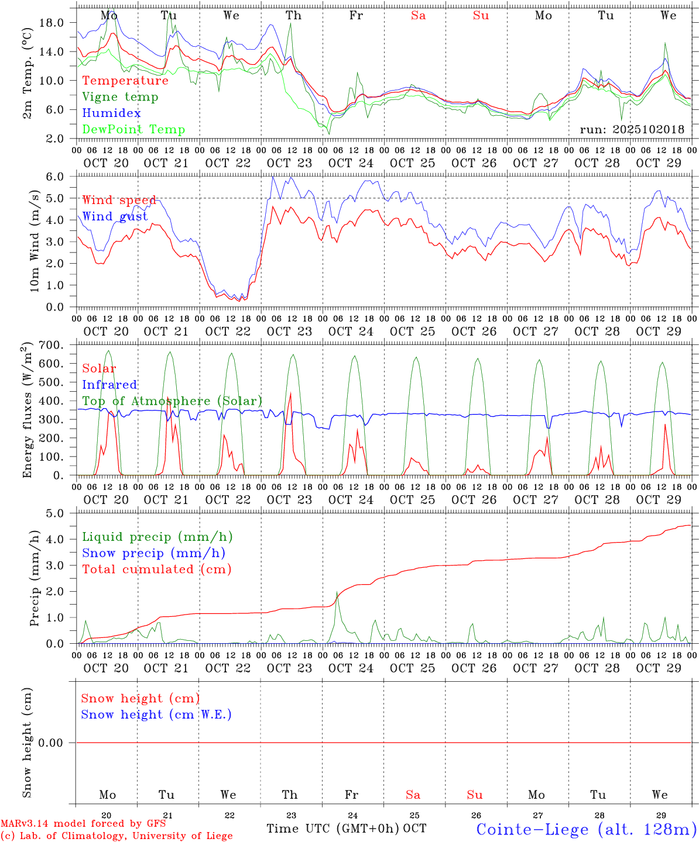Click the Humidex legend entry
pyautogui.click(x=111, y=113)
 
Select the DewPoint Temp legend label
pyautogui.click(x=133, y=130)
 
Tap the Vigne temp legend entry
pyautogui.click(x=120, y=97)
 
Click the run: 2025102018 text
pyautogui.click(x=632, y=130)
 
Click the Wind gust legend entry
pyautogui.click(x=115, y=216)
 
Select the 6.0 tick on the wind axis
pyautogui.click(x=55, y=177)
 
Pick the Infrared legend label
pyautogui.click(x=109, y=385)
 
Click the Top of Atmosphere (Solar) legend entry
pyautogui.click(x=172, y=401)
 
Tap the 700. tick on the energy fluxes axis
pyautogui.click(x=52, y=346)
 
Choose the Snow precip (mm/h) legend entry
pyautogui.click(x=153, y=553)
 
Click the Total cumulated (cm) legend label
pyautogui.click(x=156, y=570)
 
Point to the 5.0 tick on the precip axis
pyautogui.click(x=55, y=513)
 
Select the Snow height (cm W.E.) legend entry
pyautogui.click(x=156, y=715)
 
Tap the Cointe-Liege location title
pyautogui.click(x=586, y=829)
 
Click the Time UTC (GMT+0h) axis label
pyautogui.click(x=333, y=829)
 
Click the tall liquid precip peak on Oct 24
pyautogui.click(x=337, y=593)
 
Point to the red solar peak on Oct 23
pyautogui.click(x=291, y=393)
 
